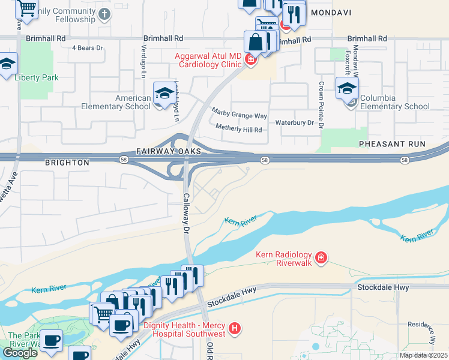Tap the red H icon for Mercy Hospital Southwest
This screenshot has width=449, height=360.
pos(235,329)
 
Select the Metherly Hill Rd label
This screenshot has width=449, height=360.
pos(239,130)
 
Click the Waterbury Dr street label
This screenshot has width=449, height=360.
pos(295,122)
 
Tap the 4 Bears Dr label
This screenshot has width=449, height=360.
pos(88,47)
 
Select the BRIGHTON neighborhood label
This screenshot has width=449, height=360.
pos(67,163)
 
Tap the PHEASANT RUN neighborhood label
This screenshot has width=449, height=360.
pos(392,145)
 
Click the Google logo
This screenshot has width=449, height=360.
pos(20,353)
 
